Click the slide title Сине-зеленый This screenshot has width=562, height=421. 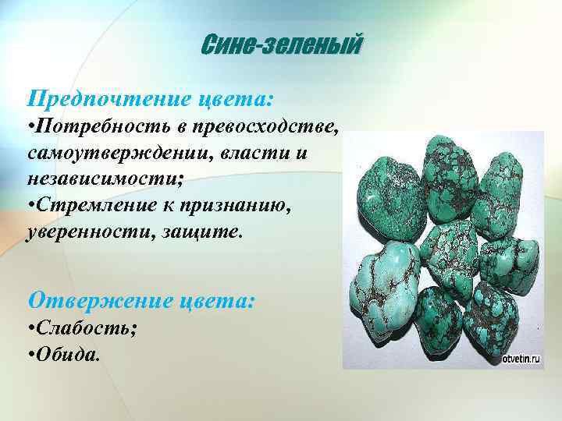[282, 47]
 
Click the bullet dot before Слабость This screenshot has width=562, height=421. [30, 329]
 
